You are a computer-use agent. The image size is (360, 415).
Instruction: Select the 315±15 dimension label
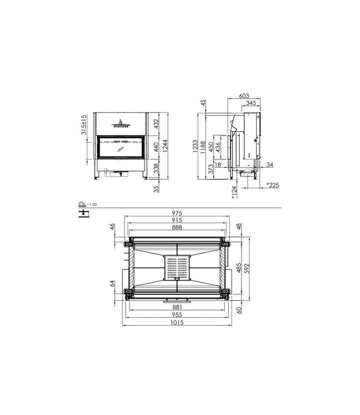pos(84,124)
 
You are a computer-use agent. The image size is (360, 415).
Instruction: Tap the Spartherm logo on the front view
pos(120,123)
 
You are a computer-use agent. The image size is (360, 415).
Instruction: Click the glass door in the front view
pos(120,148)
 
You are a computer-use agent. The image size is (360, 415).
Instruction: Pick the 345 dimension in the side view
pos(250,103)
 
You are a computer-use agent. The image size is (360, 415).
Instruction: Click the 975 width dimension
pos(176,213)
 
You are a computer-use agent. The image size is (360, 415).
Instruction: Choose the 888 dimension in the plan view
pos(176,227)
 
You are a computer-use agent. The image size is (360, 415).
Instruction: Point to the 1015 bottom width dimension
pos(176,323)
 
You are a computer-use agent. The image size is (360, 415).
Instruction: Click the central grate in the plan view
pos(177,268)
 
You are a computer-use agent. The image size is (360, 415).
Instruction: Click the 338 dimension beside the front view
pos(156,168)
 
